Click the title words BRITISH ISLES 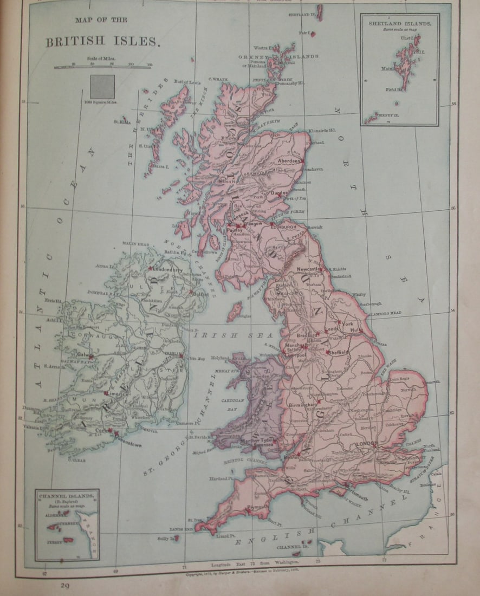tap(103, 42)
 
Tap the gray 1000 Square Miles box tap(102, 87)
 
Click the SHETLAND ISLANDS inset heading tap(400, 24)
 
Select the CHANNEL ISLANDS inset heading tap(68, 495)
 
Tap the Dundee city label tap(280, 193)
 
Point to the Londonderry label tap(170, 269)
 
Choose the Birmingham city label tap(302, 405)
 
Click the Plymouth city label tap(257, 507)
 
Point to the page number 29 tap(65, 585)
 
